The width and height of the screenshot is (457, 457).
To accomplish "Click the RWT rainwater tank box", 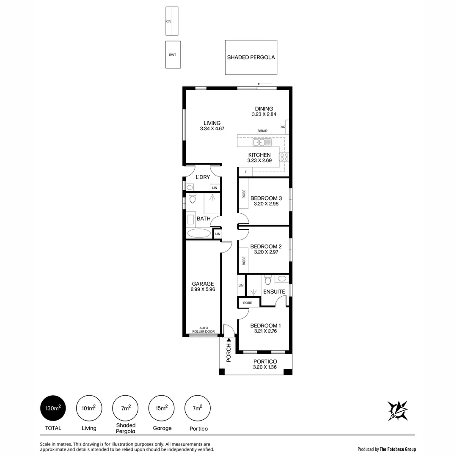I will point(173,54).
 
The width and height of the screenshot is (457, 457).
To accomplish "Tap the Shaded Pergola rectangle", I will point(251,57).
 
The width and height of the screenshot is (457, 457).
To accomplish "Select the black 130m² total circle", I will point(53,408).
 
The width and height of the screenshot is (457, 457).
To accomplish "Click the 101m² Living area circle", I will point(89,408).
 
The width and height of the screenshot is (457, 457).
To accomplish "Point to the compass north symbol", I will point(397,410).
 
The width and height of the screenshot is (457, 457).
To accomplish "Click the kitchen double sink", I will point(262,142).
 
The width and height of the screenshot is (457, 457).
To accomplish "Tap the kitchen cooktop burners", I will point(284,157).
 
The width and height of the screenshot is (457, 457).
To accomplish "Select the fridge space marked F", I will point(246,172).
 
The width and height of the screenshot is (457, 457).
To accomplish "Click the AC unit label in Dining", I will point(283,127).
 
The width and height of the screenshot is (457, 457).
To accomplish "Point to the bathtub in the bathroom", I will point(199,233).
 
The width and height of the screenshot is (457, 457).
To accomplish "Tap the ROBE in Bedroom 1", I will point(248,303).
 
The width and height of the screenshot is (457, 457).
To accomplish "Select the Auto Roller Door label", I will point(204,330).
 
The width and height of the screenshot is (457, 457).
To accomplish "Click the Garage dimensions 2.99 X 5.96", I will point(203,289).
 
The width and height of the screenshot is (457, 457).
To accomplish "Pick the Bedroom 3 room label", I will point(266,198).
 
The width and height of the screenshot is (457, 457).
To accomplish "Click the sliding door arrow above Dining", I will point(264,84).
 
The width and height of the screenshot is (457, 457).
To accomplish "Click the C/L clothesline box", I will point(169,21).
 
